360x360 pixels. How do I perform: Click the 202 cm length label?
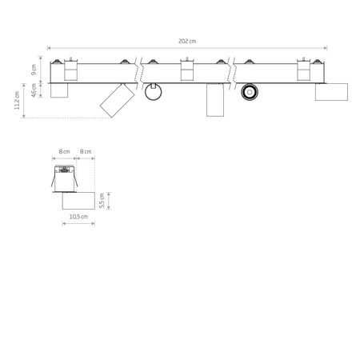click(x=187, y=41)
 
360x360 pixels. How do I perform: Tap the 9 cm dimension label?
click(x=34, y=70)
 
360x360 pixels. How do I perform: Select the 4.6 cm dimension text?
click(x=34, y=90)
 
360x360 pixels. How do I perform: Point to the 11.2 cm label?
click(x=17, y=100)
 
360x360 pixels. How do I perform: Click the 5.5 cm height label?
click(x=102, y=201)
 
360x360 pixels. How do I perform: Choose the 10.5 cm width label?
click(x=78, y=217)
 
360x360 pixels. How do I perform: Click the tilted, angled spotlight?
click(x=118, y=101)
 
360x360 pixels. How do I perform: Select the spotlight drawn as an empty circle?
click(x=153, y=92)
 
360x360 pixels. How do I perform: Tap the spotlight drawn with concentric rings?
click(x=250, y=92)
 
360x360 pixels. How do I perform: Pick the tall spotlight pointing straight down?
click(x=215, y=100)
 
